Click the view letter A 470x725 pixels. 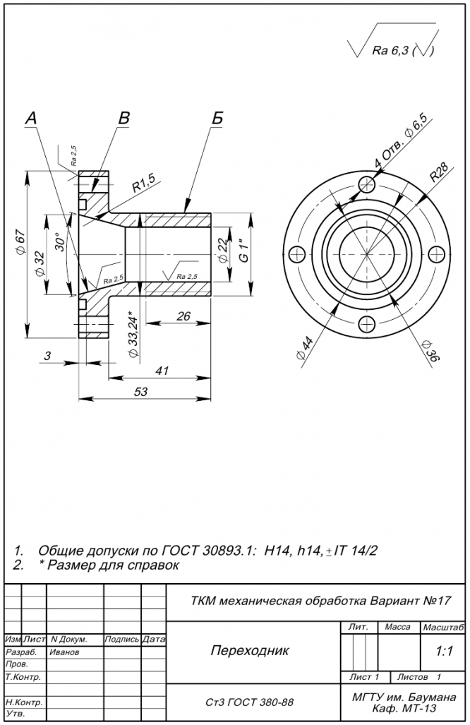(31, 119)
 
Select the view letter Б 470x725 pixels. (217, 118)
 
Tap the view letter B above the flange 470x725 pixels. (123, 119)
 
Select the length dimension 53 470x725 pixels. (140, 392)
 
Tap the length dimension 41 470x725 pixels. (162, 371)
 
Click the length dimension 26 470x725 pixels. (183, 316)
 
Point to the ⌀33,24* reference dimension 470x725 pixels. (133, 333)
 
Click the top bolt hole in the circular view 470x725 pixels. (366, 186)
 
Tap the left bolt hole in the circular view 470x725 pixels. (296, 254)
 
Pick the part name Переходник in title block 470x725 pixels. (250, 651)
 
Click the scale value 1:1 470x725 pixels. (444, 652)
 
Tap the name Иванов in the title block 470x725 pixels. (65, 652)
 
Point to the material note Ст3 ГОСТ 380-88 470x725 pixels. (250, 702)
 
